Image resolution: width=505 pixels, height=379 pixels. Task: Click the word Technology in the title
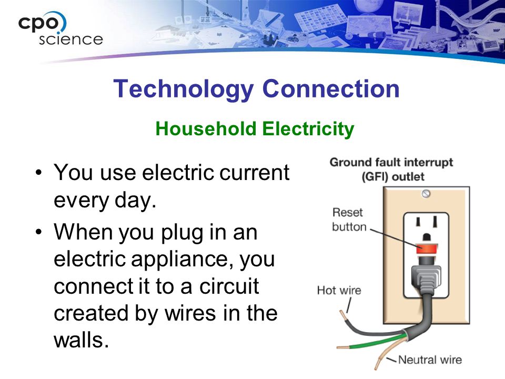tap(184, 89)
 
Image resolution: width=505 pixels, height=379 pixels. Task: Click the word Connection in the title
tap(331, 88)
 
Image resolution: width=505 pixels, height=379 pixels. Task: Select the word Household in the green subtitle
tap(206, 128)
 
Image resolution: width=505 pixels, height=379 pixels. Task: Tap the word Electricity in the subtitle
tap(308, 129)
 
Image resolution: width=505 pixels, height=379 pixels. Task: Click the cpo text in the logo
tap(38, 23)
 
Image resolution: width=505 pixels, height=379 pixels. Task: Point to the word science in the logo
tap(71, 39)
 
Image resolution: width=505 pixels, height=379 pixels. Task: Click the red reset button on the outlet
tap(427, 249)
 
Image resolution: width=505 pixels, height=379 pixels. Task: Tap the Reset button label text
tap(349, 220)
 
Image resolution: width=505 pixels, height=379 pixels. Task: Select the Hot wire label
tap(339, 291)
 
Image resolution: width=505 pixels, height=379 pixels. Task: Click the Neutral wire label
tap(430, 360)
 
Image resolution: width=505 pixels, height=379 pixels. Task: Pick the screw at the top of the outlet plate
tap(426, 194)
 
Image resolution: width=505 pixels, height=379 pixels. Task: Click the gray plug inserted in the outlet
tap(426, 277)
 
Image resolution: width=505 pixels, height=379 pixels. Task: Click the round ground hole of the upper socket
tap(427, 238)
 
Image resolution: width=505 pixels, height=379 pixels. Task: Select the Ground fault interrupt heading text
tap(391, 162)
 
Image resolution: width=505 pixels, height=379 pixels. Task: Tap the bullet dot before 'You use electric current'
tap(38, 172)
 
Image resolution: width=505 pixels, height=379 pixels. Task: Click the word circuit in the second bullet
tap(229, 286)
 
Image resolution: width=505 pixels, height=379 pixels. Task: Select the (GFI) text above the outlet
tap(375, 177)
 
